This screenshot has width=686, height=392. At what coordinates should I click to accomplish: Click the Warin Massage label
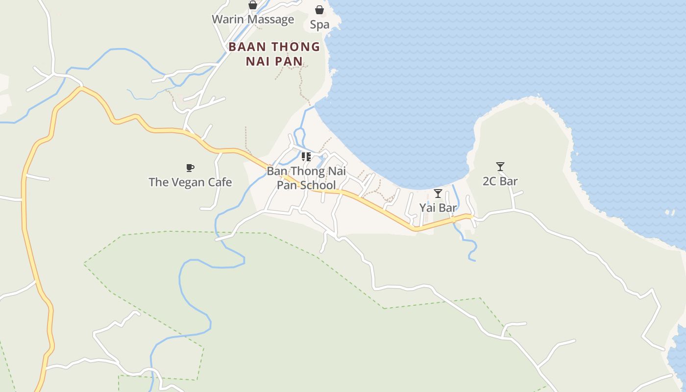tap(253, 20)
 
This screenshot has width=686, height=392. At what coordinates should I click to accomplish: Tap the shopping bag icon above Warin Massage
tap(253, 5)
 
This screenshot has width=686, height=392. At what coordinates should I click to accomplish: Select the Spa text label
tap(319, 24)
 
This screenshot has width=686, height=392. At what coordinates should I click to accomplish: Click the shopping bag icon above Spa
tap(319, 10)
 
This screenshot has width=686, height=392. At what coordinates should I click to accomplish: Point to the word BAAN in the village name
tap(247, 47)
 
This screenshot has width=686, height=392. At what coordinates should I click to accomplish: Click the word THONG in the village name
tap(296, 47)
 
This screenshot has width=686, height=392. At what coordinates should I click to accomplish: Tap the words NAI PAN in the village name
tap(274, 62)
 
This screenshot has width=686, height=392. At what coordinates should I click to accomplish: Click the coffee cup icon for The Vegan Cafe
tap(190, 168)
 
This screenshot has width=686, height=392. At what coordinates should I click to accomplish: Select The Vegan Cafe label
tap(190, 182)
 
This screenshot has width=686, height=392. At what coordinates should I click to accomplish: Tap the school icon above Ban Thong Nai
tap(306, 157)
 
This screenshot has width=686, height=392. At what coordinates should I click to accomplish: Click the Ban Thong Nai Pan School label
tap(306, 178)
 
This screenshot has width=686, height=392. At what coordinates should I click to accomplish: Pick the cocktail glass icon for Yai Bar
tap(438, 194)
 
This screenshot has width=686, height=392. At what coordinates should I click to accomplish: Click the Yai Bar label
tap(438, 208)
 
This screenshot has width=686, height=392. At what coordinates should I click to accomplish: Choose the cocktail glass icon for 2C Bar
tap(500, 167)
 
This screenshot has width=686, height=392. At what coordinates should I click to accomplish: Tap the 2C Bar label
tap(500, 181)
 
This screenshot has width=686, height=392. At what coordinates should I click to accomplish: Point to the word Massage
tap(270, 20)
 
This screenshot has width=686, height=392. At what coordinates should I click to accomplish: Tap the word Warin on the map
tap(227, 20)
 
